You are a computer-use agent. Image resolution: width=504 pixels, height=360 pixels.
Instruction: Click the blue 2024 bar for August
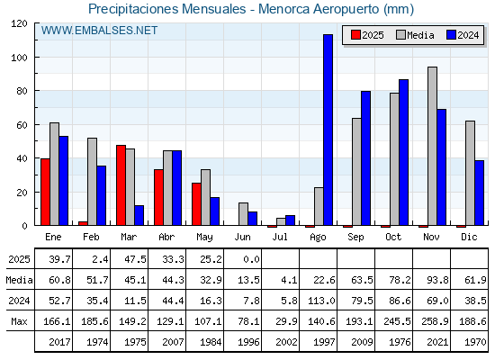pos(328,130)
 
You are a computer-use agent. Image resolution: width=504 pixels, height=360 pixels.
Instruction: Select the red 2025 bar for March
pos(121,185)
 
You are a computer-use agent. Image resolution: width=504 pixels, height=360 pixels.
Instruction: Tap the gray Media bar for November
pos(432,146)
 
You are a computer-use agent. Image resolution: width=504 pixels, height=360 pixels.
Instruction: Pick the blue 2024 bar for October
pos(403,152)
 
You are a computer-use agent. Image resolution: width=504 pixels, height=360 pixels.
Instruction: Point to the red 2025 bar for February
pos(83,223)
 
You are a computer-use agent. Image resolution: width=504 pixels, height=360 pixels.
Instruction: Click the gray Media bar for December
pos(470,173)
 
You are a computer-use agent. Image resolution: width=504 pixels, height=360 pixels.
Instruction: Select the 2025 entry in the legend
pos(367,35)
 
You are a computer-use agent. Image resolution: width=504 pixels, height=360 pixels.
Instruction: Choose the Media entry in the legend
pos(415,35)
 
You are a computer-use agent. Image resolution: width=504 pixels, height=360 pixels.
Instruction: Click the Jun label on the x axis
pos(242,238)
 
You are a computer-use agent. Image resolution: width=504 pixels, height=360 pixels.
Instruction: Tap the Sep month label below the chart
pos(355,238)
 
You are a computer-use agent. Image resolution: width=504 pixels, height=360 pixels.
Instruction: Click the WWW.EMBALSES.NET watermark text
pos(99,31)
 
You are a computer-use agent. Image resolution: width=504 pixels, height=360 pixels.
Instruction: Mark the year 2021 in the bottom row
pos(437,342)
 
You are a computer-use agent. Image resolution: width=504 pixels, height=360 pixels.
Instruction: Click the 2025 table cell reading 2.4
pos(100,259)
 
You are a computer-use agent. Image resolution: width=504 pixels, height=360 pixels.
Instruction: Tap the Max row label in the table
pos(19,321)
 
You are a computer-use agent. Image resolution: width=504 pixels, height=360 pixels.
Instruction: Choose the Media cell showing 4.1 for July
pos(289,280)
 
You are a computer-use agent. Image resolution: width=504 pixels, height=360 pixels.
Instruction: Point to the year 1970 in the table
pos(475,342)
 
